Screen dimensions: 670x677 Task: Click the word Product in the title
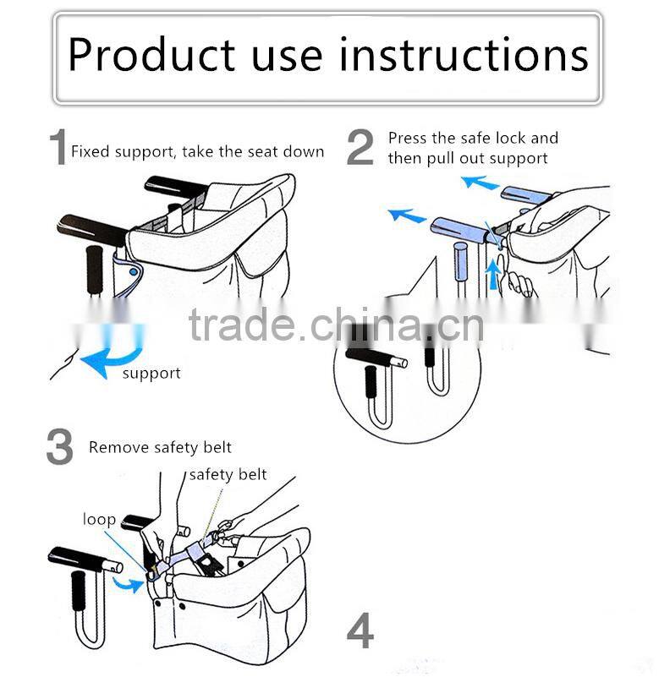[x=151, y=55]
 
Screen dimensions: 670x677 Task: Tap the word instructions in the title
[x=464, y=54]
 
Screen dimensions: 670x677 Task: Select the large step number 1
[x=58, y=147]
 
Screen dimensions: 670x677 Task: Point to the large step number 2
[x=360, y=147]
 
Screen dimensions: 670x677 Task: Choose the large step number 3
[x=60, y=446]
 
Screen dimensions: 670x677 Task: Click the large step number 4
[x=360, y=631]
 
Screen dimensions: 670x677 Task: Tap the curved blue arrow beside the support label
[x=113, y=356]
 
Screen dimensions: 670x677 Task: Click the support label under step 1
[x=151, y=374]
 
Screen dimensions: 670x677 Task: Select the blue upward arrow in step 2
[x=492, y=274]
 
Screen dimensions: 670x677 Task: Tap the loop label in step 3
[x=100, y=520]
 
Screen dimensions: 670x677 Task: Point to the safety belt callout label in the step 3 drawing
[x=228, y=474]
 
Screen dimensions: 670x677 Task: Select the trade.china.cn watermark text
[x=337, y=325]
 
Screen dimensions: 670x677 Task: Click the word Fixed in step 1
[x=90, y=151]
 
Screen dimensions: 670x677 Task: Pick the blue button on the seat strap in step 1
[x=134, y=272]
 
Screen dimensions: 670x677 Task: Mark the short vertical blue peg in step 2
[x=460, y=262]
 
